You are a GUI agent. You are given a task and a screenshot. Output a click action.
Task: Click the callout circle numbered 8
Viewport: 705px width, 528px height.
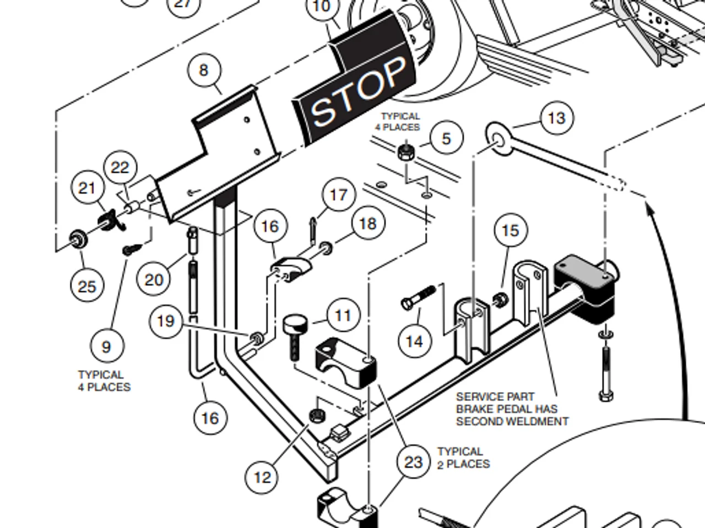[x=204, y=70]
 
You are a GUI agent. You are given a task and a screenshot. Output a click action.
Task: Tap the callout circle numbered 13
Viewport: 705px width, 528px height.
[x=556, y=118]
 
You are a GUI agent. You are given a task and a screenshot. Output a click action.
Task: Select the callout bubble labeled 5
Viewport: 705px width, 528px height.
[x=446, y=138]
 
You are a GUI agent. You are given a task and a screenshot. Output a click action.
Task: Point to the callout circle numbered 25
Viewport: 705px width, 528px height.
[x=87, y=286]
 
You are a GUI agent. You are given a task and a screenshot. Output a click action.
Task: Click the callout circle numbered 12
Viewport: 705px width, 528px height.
[x=262, y=477]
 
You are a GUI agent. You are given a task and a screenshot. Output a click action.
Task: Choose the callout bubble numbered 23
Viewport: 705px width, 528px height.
[x=413, y=462]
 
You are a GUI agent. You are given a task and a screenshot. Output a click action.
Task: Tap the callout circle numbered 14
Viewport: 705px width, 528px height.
[x=414, y=341]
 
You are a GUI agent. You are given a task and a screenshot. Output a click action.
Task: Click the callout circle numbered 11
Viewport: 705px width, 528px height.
[x=343, y=315]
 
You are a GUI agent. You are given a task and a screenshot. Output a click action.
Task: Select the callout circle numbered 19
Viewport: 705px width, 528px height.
[x=166, y=321]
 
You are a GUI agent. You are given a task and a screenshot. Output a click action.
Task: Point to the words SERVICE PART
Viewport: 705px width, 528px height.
[x=495, y=396]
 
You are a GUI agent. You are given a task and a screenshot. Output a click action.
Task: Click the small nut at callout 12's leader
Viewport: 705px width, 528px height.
[x=317, y=415]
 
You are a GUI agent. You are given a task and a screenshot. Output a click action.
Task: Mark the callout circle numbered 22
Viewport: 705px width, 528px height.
[x=120, y=167]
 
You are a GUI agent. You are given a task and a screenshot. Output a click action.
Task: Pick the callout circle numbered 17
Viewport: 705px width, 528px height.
[x=338, y=194]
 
